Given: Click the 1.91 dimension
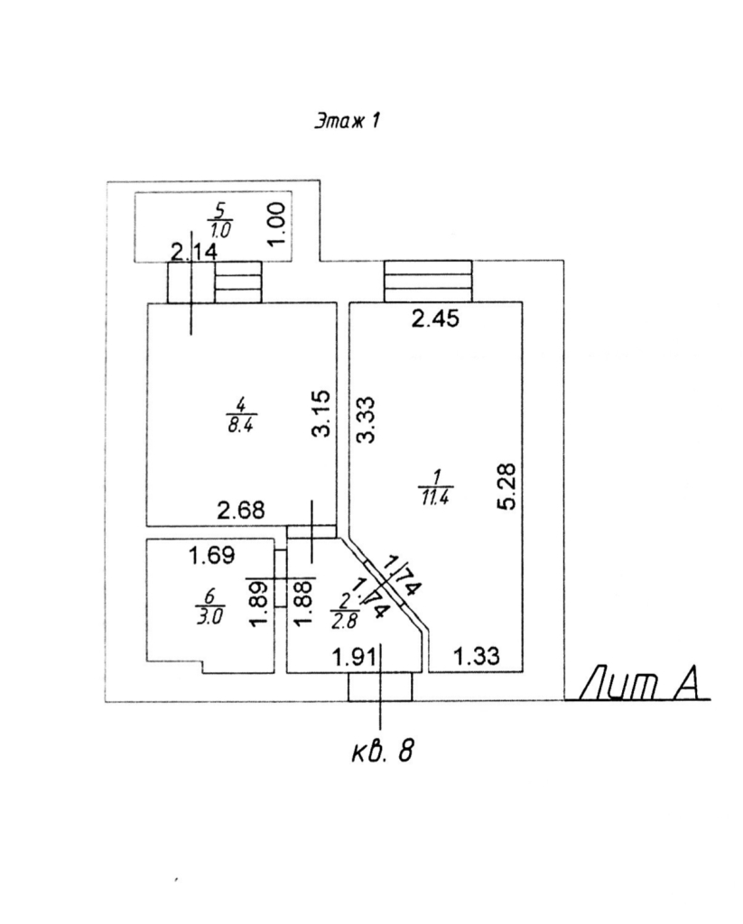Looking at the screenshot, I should pyautogui.click(x=356, y=658).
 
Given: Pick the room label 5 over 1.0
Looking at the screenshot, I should pyautogui.click(x=218, y=218).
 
